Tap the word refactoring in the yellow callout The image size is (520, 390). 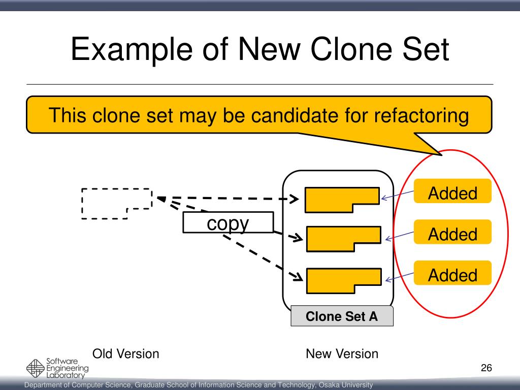[x=420, y=115]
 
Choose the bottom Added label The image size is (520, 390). [x=452, y=275]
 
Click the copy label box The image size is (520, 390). [x=227, y=223]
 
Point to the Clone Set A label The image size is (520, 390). [x=342, y=317]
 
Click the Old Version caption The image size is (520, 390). [x=125, y=353]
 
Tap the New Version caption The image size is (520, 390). [x=342, y=353]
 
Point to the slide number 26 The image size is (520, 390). [x=486, y=368]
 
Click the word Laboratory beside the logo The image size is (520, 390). [x=66, y=375]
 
